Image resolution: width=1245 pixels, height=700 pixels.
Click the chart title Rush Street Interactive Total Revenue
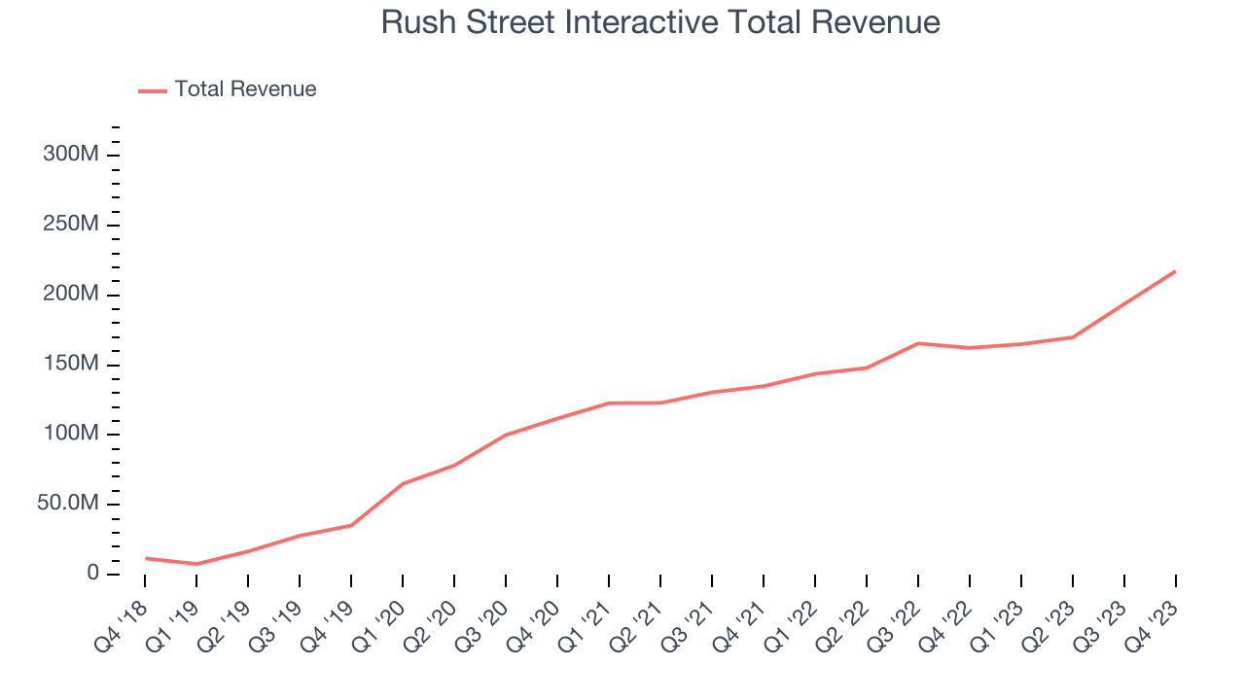coord(660,22)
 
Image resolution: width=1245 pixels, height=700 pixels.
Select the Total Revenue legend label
coord(245,89)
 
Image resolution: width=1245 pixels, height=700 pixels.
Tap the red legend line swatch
coord(153,90)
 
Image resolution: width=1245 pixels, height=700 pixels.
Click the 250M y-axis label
coord(70,226)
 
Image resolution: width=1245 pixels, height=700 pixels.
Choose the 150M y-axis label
coord(70,365)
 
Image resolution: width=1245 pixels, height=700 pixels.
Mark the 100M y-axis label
coord(70,435)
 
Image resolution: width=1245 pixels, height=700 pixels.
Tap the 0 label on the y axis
coord(92,574)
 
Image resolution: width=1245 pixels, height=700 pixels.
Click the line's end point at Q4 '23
coord(1175,271)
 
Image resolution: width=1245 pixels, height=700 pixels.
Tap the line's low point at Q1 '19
coord(196,564)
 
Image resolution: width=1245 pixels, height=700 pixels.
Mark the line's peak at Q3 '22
coord(918,343)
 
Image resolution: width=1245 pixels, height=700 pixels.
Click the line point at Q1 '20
coord(403,483)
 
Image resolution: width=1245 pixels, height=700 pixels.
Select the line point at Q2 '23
coord(1073,337)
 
